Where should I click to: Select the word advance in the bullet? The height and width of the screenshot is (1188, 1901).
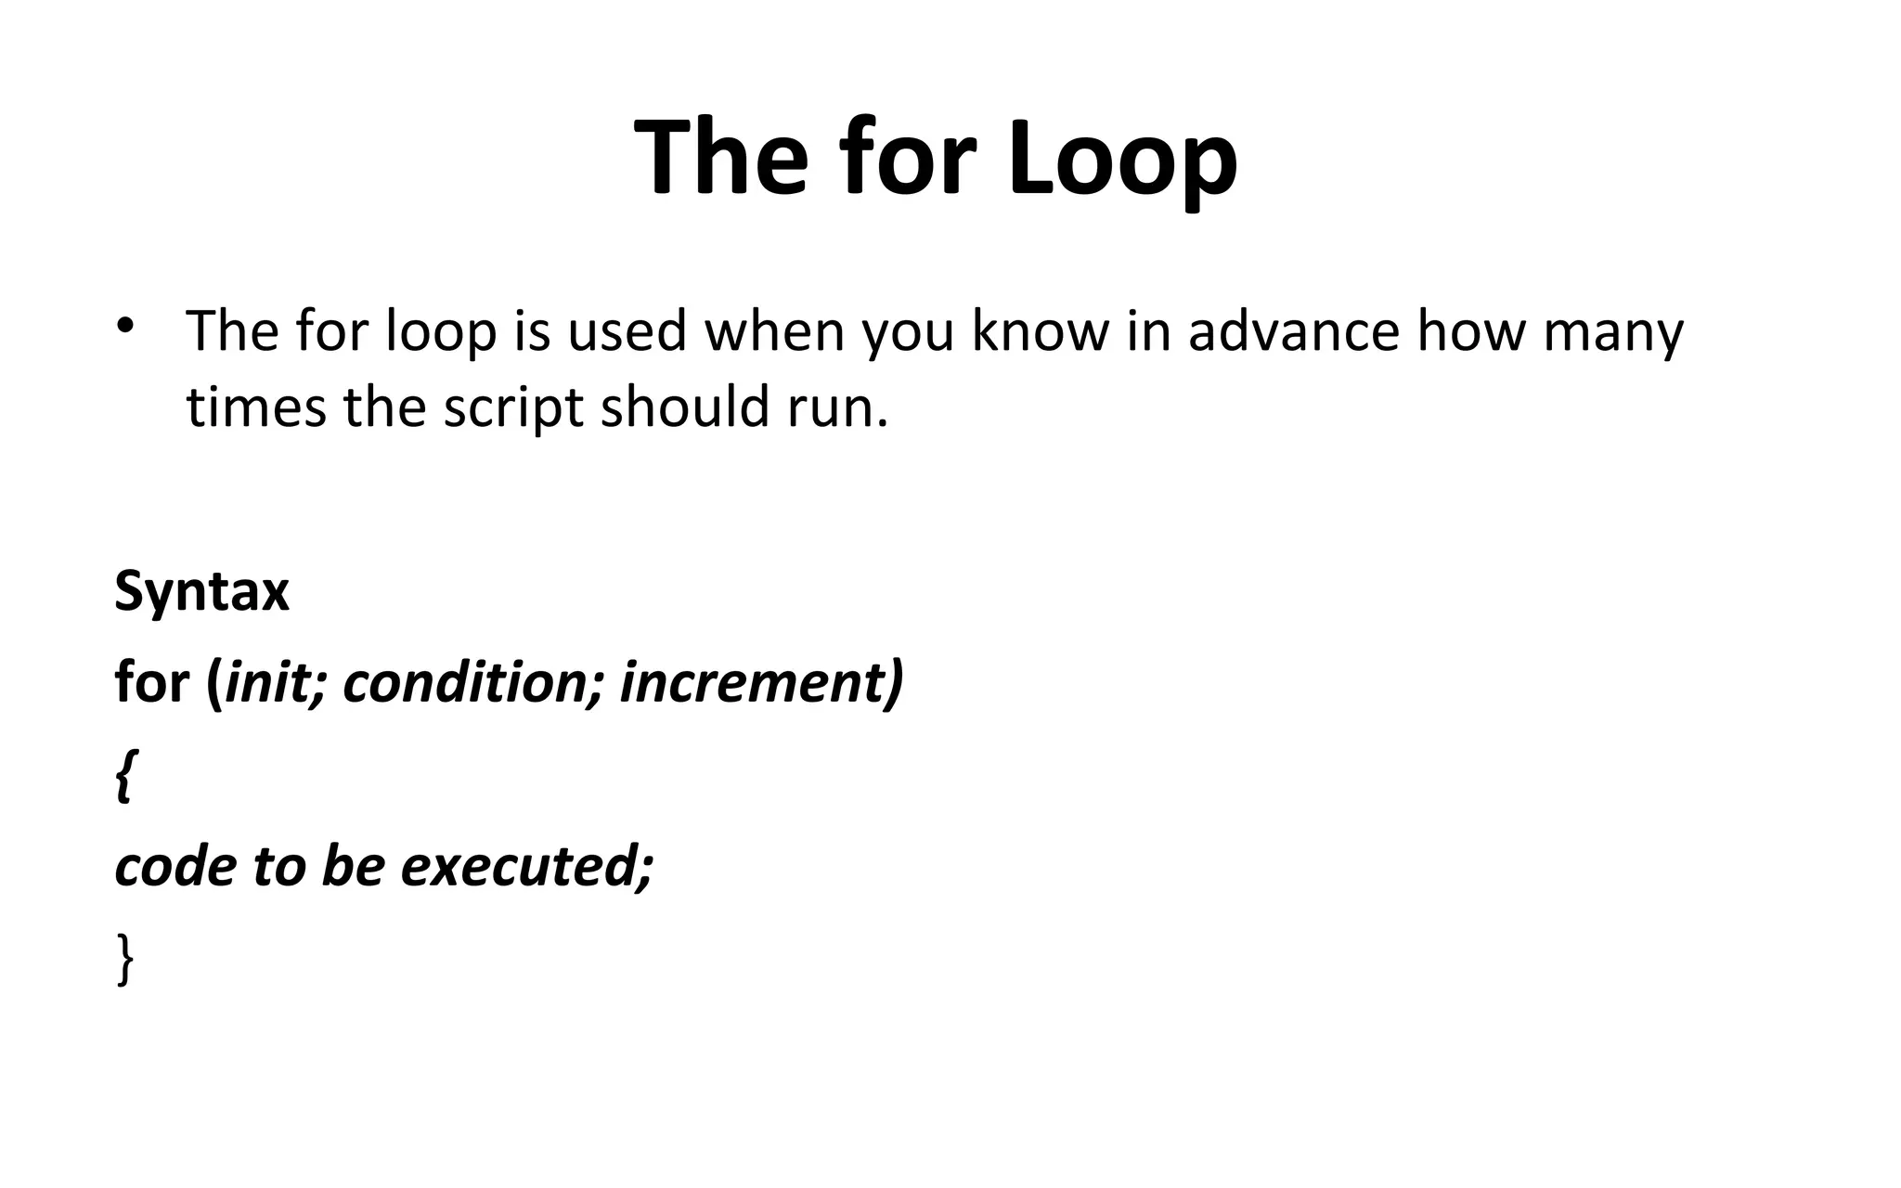pyautogui.click(x=1293, y=331)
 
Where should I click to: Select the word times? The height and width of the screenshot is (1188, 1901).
pyautogui.click(x=256, y=407)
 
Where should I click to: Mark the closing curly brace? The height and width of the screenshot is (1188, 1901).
pyautogui.click(x=125, y=960)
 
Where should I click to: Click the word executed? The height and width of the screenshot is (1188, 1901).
pyautogui.click(x=525, y=866)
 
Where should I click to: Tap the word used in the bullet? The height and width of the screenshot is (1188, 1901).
pyautogui.click(x=627, y=331)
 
